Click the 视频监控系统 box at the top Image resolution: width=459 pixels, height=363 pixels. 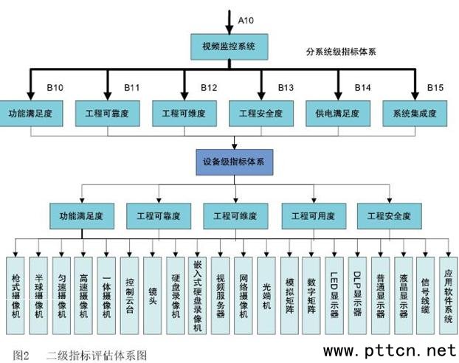coord(229,46)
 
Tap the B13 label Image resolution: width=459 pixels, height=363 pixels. coord(286,89)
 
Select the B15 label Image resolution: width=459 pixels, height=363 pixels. coord(435,89)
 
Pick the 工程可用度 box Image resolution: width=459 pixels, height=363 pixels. coord(313,218)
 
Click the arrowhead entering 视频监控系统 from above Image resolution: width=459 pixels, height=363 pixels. coord(229,29)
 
